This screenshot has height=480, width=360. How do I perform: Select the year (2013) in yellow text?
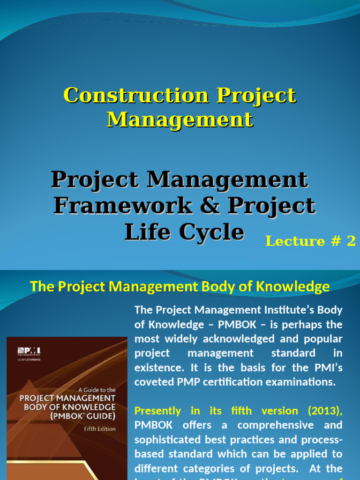[325, 411]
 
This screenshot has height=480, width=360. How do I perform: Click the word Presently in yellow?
[157, 411]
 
